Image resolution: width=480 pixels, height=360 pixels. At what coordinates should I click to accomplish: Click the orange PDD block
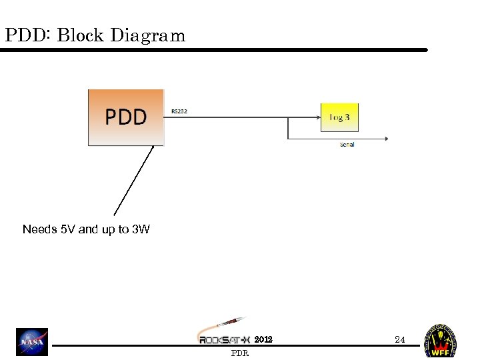(126, 117)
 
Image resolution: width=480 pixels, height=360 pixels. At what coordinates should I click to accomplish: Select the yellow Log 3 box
(339, 118)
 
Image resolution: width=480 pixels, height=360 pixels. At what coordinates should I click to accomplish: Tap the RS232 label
(179, 111)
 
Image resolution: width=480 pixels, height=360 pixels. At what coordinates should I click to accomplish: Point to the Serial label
(347, 145)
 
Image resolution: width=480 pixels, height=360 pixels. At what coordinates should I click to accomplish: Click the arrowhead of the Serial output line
(385, 139)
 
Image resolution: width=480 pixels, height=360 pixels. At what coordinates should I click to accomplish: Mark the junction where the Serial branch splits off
(287, 118)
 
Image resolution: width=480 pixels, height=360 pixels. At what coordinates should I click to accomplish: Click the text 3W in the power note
(141, 229)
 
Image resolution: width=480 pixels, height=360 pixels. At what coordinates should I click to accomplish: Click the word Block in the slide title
(81, 35)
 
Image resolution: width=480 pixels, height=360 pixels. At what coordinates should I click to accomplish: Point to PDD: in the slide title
(27, 35)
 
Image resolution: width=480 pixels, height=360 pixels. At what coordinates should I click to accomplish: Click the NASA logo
(32, 342)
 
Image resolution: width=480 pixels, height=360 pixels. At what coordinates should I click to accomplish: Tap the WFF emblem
(441, 341)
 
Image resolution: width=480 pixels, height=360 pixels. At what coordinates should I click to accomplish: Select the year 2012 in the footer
(263, 339)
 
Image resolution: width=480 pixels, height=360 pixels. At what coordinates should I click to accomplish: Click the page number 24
(399, 339)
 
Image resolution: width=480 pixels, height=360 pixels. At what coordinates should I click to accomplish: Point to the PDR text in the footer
(240, 353)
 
